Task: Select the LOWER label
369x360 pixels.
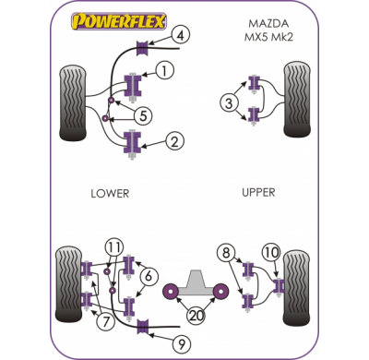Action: tap(110, 193)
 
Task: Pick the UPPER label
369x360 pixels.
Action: tap(259, 193)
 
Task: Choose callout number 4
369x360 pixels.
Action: tap(180, 37)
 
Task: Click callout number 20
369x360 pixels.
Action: tap(195, 315)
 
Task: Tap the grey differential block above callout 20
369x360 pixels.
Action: tap(195, 277)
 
